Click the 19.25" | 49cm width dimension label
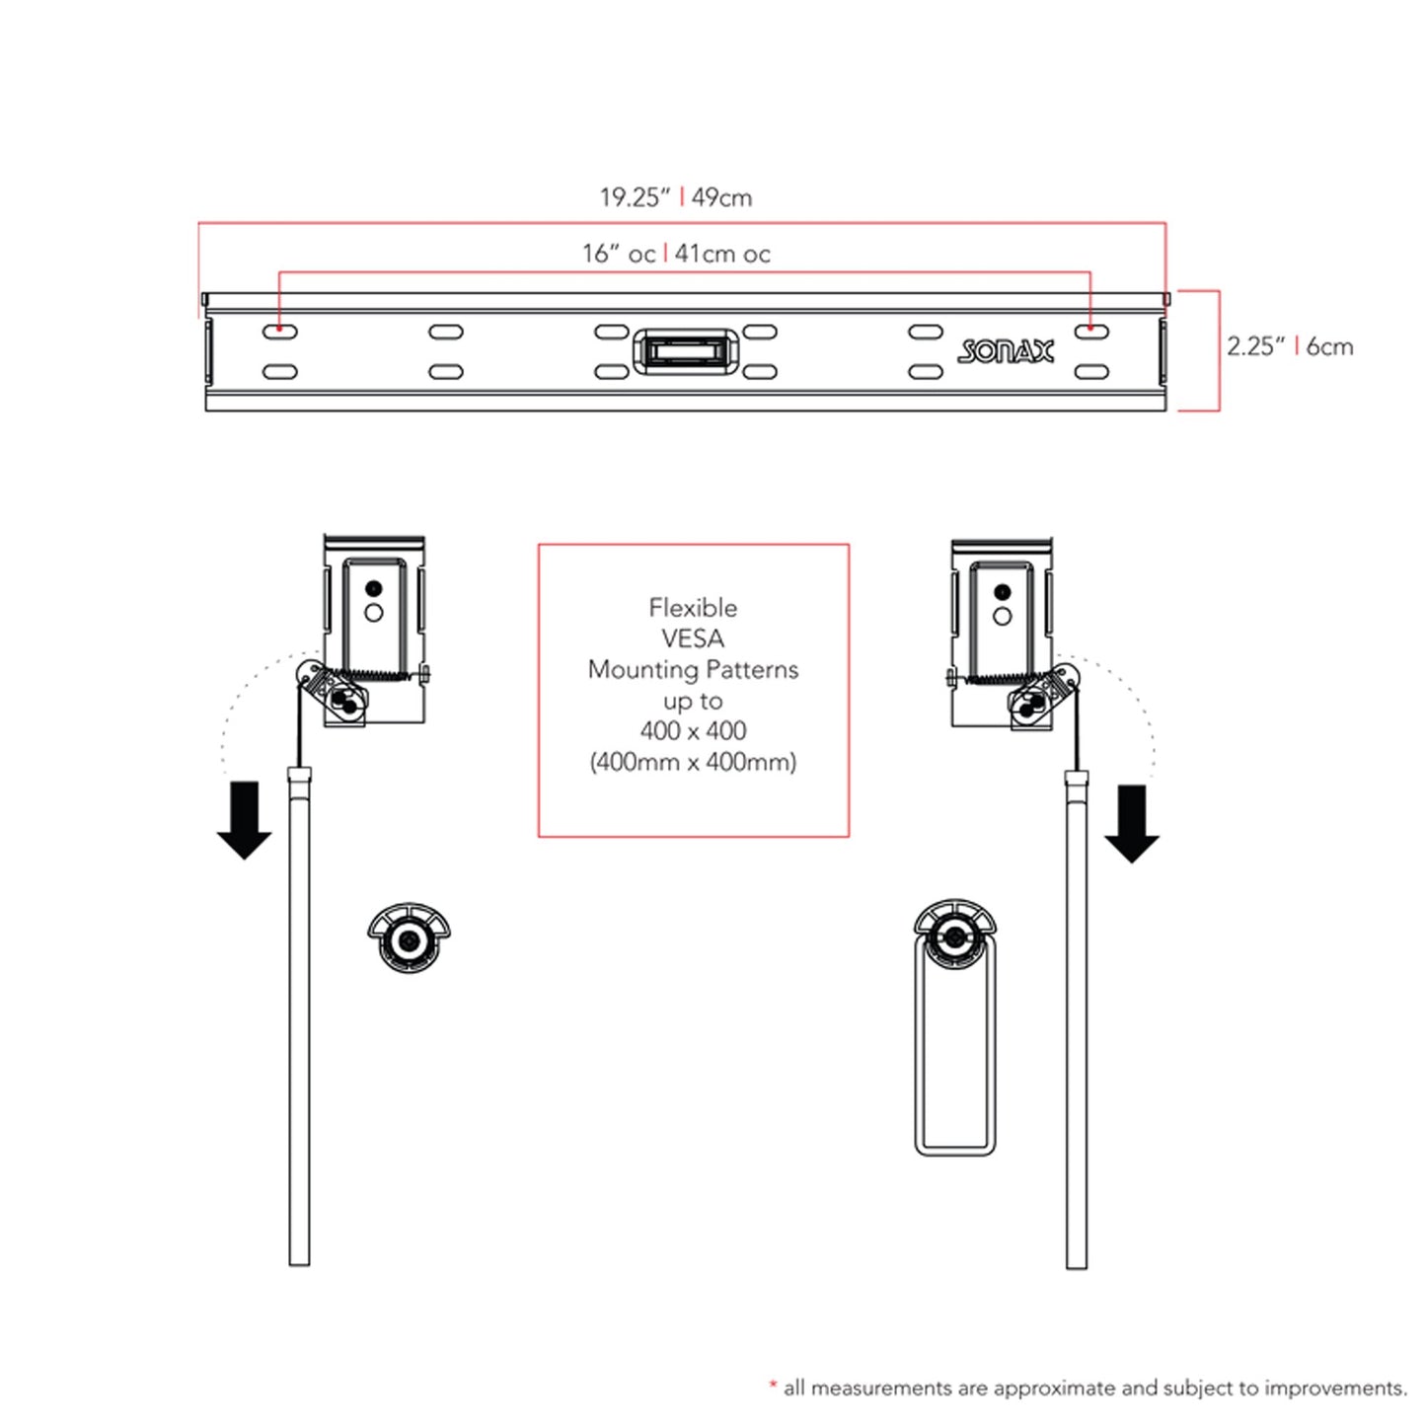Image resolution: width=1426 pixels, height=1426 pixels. pos(676,197)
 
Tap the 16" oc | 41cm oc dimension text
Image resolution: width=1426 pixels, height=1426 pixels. pos(676,254)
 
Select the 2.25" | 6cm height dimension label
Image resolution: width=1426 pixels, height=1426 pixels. pos(1289,346)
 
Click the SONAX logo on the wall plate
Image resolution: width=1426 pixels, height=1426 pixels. pos(1006,350)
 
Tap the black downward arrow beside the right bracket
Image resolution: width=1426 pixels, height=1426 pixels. pos(1132,824)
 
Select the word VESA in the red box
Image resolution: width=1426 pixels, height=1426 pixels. pos(693,638)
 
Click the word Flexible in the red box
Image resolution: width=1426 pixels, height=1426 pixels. pos(693,608)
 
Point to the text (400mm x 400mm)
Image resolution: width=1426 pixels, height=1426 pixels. pos(693,762)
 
